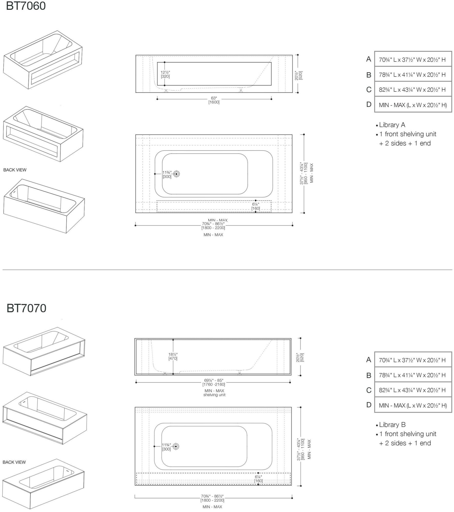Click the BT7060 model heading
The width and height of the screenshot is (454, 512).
point(26,6)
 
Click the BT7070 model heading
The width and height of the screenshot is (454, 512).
point(26,308)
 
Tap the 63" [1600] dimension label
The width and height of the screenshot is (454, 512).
point(214,100)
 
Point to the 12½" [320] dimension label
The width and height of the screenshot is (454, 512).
point(165,74)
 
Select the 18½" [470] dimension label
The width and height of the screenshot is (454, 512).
point(173,356)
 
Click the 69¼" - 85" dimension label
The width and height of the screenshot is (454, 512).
point(214,382)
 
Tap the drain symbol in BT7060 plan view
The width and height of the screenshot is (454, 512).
point(176,174)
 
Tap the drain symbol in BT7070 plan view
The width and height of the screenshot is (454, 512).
point(176,446)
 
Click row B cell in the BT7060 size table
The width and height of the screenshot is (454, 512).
point(413,74)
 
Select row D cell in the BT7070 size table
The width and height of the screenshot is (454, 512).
point(413,405)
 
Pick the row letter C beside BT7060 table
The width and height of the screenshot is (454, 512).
point(369,90)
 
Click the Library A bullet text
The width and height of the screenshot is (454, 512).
point(392,125)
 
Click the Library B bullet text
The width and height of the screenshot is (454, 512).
point(392,425)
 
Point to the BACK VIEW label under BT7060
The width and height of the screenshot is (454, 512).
point(15,170)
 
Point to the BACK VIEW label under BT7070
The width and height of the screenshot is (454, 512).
point(14,462)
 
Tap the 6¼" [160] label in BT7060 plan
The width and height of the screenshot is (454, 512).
point(255,206)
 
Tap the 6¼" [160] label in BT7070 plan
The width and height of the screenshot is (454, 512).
point(258,479)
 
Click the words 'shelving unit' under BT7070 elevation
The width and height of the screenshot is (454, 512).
point(214,395)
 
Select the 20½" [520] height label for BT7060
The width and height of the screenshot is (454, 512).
point(298,75)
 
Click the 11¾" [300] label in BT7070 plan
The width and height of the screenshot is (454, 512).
point(166,447)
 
